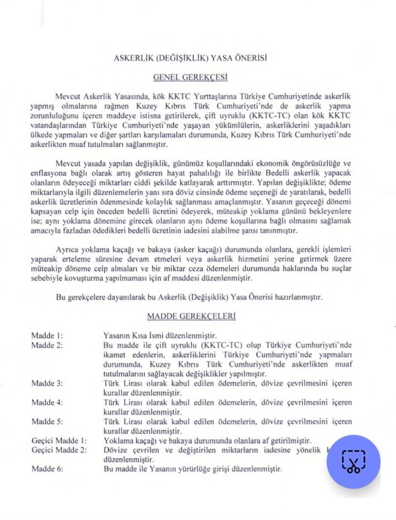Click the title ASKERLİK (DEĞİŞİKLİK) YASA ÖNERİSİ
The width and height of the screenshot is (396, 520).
[190, 58]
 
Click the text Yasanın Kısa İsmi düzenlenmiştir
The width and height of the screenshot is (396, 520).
[160, 335]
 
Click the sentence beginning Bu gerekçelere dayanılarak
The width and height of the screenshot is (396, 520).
[189, 297]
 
